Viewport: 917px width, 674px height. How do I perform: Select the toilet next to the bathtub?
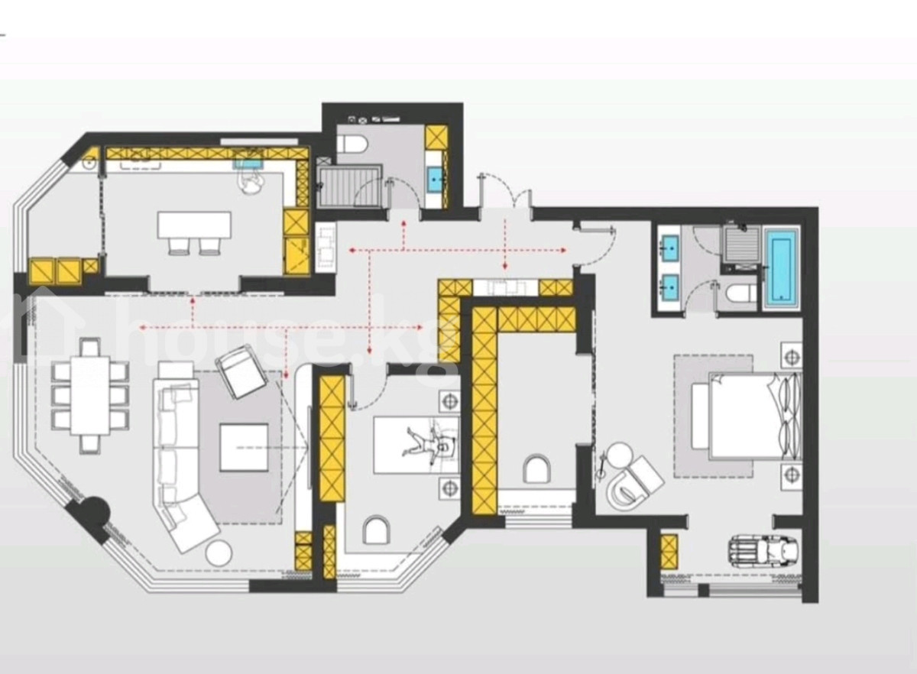click(740, 293)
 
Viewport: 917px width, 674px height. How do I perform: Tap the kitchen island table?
click(194, 225)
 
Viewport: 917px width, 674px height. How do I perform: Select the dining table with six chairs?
click(90, 396)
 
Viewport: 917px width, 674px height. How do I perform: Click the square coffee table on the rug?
click(244, 448)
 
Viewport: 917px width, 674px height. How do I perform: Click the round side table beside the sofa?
click(219, 553)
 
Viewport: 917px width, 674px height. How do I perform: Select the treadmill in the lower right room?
click(762, 550)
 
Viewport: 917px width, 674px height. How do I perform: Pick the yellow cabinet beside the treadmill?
click(669, 551)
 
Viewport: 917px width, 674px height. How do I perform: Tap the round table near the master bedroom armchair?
click(620, 455)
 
